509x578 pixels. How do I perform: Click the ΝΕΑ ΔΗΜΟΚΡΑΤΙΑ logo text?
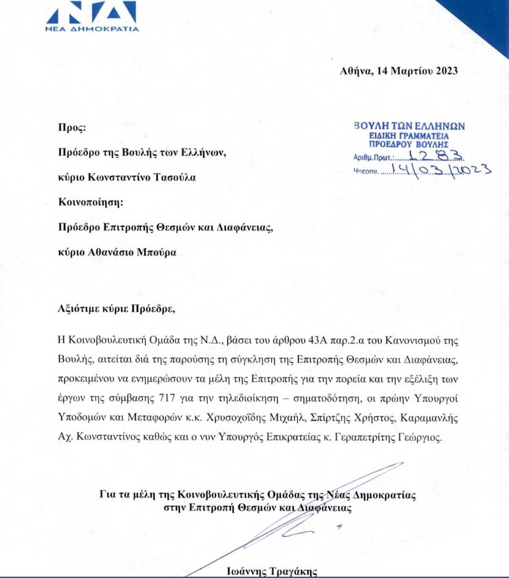pyautogui.click(x=91, y=30)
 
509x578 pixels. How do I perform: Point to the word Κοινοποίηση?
pyautogui.click(x=92, y=202)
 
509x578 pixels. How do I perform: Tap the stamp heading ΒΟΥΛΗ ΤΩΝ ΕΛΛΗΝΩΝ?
pyautogui.click(x=409, y=126)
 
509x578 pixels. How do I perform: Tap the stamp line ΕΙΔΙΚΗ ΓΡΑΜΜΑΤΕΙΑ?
pyautogui.click(x=409, y=135)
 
